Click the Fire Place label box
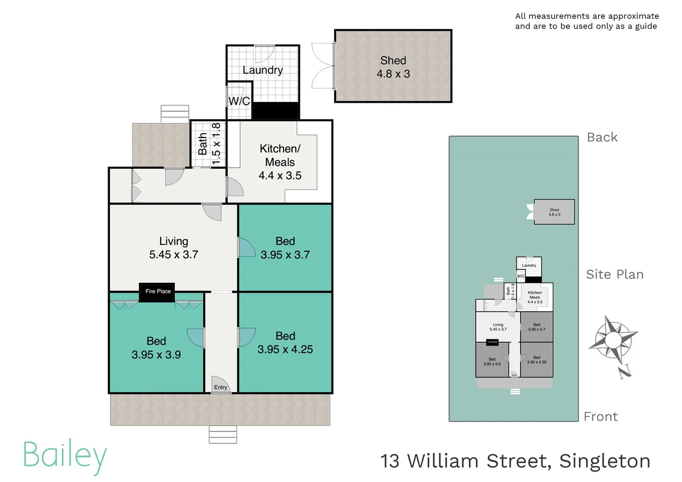tap(157, 292)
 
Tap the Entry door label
tap(220, 387)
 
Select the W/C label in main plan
tap(239, 101)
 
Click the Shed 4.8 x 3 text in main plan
tap(393, 74)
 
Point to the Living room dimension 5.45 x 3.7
tap(174, 255)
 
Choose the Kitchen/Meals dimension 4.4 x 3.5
tap(280, 176)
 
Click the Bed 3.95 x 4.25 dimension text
tap(285, 349)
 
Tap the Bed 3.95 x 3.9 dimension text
tap(156, 355)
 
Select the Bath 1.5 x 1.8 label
tap(209, 144)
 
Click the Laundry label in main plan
tap(262, 70)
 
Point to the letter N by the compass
tap(625, 371)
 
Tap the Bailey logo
tap(65, 456)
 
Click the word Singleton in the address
tap(605, 461)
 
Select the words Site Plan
tap(615, 274)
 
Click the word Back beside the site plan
tap(602, 137)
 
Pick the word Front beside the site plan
tap(601, 417)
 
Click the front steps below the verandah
tap(223, 435)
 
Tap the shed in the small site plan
tap(554, 212)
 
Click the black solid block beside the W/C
tap(275, 111)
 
